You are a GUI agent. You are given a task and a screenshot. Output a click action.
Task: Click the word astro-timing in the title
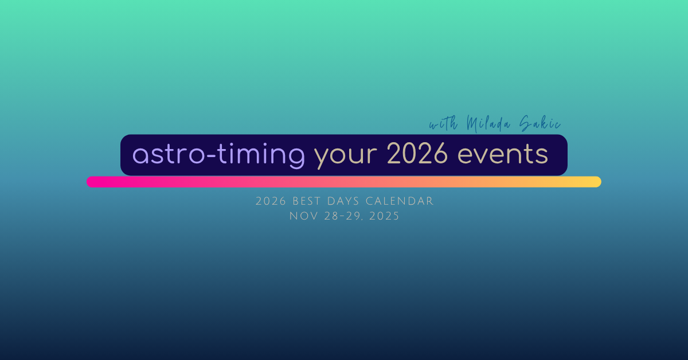coord(218,156)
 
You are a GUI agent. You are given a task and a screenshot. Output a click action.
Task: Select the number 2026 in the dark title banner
coord(417,153)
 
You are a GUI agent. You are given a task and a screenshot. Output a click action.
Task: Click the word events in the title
coord(502,155)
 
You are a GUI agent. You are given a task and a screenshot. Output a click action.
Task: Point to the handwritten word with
coord(444,123)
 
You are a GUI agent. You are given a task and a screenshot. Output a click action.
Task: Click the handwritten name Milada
coord(488,124)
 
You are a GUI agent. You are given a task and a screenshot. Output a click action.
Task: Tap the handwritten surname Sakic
coord(540,123)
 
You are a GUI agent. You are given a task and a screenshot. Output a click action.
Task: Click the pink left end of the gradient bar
coord(92,182)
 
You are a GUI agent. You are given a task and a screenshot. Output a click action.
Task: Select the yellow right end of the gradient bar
coord(596,182)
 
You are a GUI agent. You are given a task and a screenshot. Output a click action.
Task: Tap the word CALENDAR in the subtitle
coord(400,202)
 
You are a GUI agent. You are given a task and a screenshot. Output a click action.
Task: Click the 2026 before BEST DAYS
coord(271,202)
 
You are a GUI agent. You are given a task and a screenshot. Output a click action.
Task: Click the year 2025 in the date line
coord(384,216)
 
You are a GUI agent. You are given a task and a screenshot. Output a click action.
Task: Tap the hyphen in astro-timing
coord(212,156)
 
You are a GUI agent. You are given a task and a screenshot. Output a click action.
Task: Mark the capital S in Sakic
coord(526,123)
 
